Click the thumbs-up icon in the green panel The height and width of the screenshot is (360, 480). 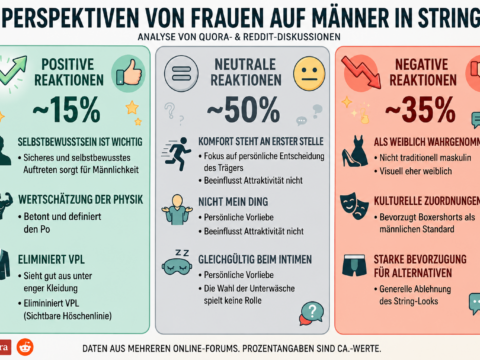[x=128, y=73]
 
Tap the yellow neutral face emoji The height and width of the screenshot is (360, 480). [x=309, y=74]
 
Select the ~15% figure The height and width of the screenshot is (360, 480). [x=67, y=110]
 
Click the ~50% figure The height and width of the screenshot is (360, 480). [x=244, y=110]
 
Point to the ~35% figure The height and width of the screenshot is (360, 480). [x=420, y=110]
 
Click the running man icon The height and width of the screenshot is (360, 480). [x=177, y=154]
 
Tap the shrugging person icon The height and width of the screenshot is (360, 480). [x=177, y=210]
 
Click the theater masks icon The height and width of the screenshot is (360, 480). [x=354, y=206]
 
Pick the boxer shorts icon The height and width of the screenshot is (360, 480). [x=354, y=266]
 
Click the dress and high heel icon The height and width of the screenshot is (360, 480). [x=354, y=151]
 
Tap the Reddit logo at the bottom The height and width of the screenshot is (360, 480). [x=25, y=347]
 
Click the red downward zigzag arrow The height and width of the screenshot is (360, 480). [x=361, y=72]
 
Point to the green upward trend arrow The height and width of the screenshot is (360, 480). [x=13, y=71]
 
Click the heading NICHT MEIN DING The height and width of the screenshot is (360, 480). [x=233, y=202]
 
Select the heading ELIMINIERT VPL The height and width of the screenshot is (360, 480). [x=51, y=259]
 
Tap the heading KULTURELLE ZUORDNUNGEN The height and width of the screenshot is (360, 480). [x=427, y=201]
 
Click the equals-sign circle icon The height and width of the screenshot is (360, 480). [x=181, y=74]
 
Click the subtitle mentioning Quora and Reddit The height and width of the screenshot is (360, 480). [x=239, y=37]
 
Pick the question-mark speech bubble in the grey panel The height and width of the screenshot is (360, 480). [x=311, y=313]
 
